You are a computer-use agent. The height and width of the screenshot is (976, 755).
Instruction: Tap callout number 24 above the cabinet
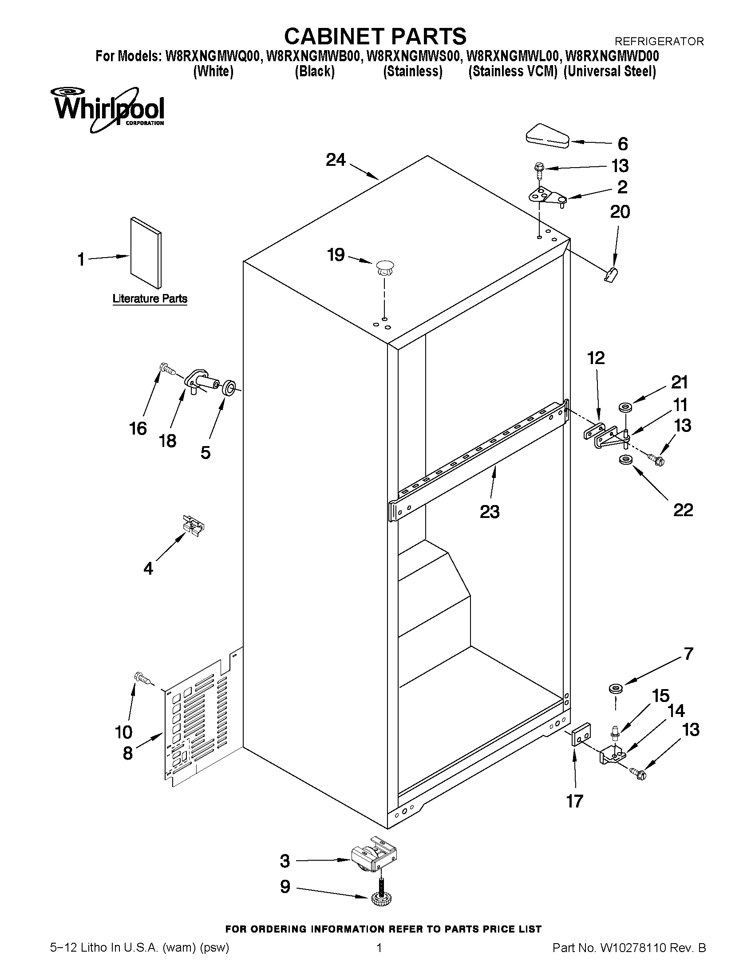pos(336,160)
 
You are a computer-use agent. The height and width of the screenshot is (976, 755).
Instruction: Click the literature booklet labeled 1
pos(146,253)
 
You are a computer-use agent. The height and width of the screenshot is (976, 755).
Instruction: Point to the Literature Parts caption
pos(150,298)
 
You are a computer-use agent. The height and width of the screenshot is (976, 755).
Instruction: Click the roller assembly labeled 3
pos(374,856)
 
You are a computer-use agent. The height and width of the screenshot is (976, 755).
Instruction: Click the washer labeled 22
pos(623,460)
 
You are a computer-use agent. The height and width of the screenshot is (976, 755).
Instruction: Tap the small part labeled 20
pos(611,274)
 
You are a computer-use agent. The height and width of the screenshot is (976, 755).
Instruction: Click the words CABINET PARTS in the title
pos(375,36)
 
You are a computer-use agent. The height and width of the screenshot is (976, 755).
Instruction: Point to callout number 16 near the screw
pos(138,428)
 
